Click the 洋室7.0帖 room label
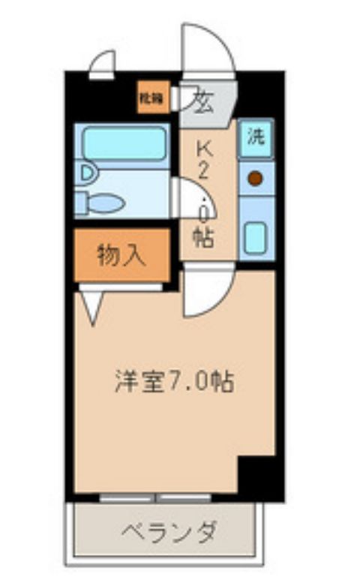(174, 382)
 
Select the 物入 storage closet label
(121, 256)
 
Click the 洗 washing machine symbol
(256, 139)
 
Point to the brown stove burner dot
(256, 179)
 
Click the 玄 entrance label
(202, 101)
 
